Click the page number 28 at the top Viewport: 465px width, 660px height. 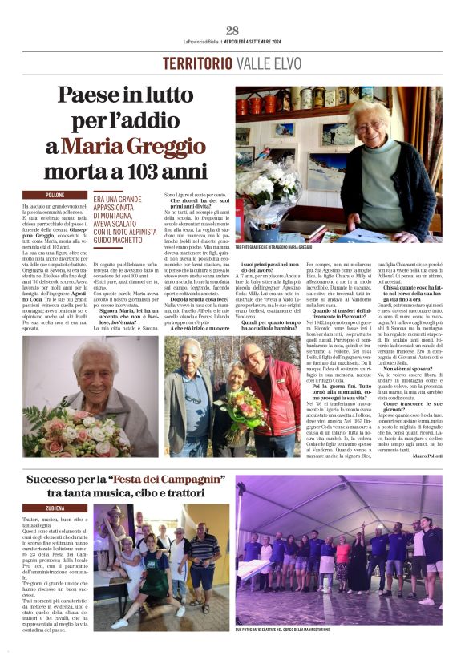point(232,31)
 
